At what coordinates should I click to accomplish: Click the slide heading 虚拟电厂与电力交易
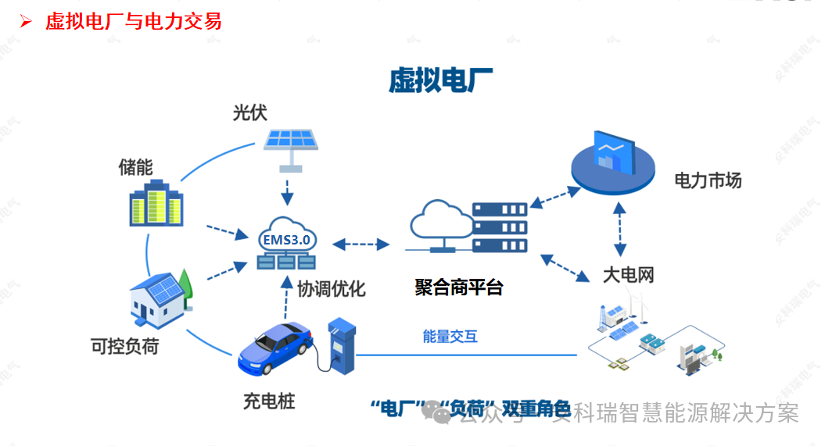click(133, 21)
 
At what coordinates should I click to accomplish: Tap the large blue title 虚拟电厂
click(441, 80)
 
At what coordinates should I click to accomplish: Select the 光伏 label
click(249, 112)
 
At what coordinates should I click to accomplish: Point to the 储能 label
click(135, 166)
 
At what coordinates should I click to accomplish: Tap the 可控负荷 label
click(124, 345)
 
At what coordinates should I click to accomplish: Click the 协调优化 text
click(331, 288)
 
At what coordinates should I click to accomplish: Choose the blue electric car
click(275, 350)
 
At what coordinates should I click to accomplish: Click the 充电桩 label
click(268, 402)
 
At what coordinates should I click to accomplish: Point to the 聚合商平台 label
click(458, 287)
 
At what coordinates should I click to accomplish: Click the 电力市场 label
click(708, 181)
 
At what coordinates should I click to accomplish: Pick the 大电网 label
click(628, 274)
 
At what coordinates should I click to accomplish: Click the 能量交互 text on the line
click(450, 337)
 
